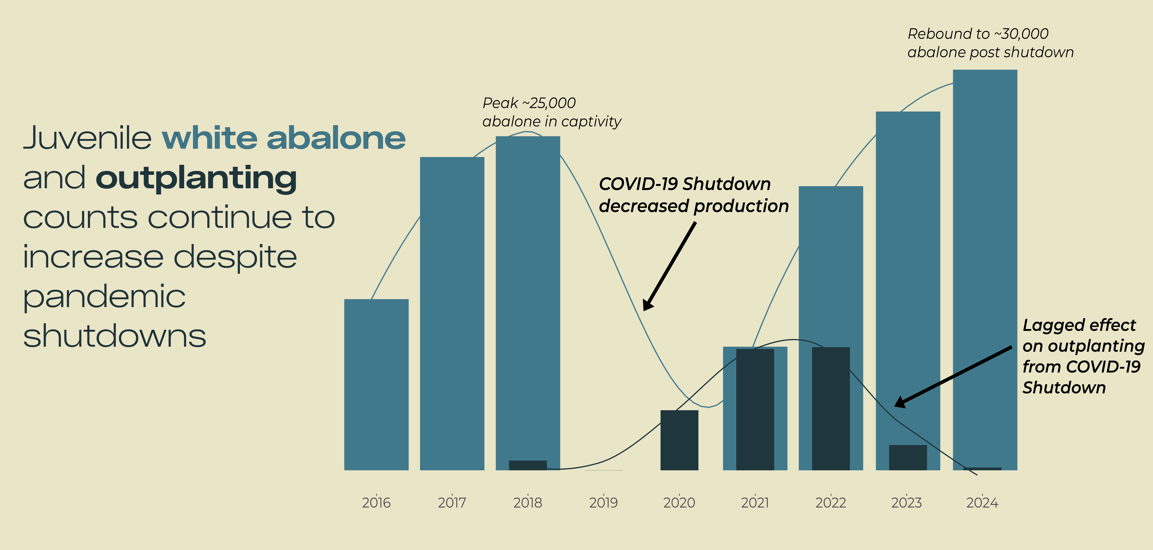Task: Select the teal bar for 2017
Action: click(x=452, y=313)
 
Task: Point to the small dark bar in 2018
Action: click(x=528, y=465)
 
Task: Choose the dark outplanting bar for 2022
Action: click(x=831, y=409)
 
